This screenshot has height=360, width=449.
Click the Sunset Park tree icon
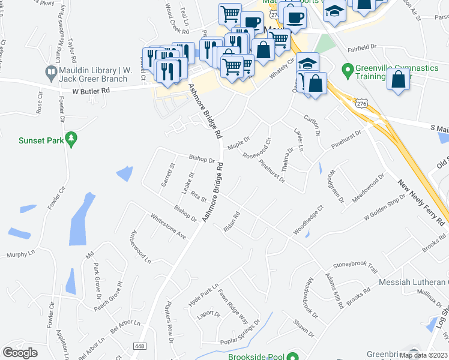point(71,140)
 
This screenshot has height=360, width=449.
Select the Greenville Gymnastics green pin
point(346,71)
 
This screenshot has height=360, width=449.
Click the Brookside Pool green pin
point(292,357)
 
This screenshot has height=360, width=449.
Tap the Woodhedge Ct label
point(308,220)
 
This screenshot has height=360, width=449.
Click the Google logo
point(20,352)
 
